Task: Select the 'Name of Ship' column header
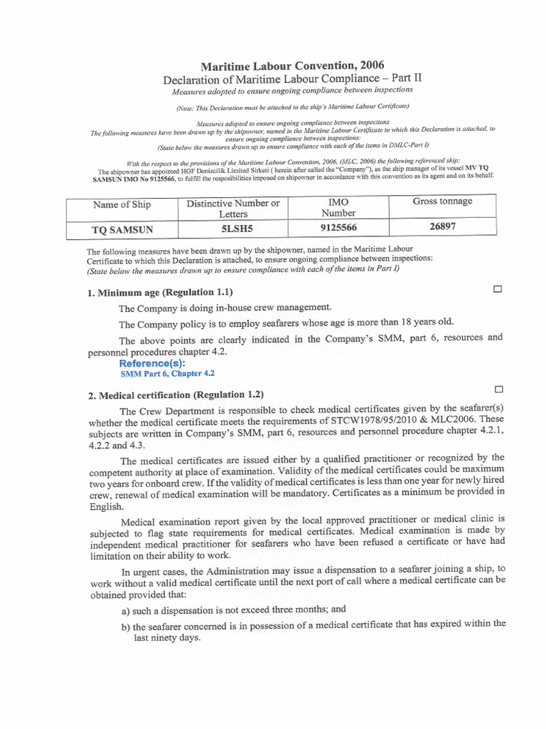(122, 205)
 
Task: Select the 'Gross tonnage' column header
(442, 201)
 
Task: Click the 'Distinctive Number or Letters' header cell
(233, 209)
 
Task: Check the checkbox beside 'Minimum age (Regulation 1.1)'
(497, 289)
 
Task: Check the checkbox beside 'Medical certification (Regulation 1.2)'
(498, 389)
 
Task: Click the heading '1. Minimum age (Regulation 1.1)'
(160, 293)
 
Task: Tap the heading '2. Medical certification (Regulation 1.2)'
(176, 394)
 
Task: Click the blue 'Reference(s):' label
(152, 363)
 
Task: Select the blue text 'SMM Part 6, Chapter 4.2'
(168, 373)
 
